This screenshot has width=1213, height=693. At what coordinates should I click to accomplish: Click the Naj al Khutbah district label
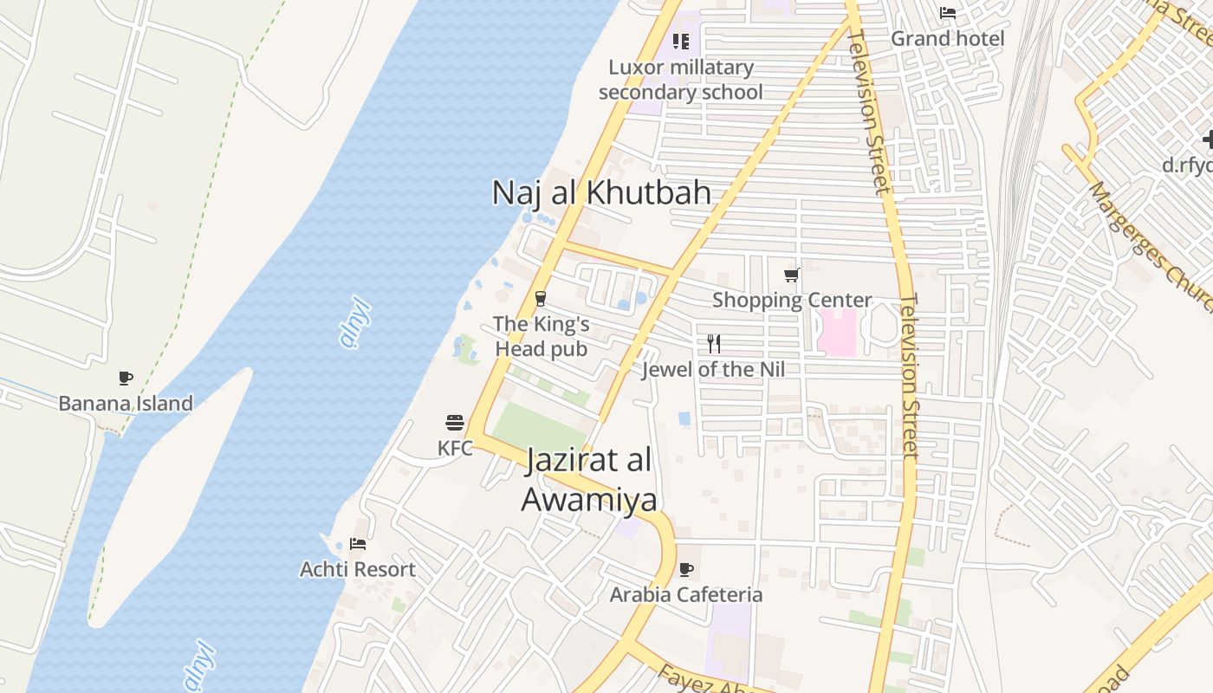[601, 192]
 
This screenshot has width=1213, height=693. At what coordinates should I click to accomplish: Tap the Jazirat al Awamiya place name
[588, 481]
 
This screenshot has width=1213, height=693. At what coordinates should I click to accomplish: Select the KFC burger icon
[455, 423]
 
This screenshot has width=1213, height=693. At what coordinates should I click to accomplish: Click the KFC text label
[455, 448]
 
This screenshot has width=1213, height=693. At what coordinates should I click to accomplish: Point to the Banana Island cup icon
[126, 378]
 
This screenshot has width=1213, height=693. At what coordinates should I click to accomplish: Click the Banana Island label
[126, 403]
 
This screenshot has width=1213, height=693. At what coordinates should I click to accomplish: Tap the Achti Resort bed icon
[358, 544]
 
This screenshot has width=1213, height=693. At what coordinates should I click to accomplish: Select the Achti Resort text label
[358, 569]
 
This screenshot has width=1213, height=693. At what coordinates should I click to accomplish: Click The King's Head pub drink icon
[541, 299]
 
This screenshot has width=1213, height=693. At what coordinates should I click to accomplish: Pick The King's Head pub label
[541, 336]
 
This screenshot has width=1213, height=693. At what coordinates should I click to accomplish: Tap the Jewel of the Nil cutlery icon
[714, 344]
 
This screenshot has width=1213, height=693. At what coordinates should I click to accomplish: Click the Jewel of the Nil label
[713, 370]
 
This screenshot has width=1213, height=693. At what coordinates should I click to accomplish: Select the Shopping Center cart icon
[791, 275]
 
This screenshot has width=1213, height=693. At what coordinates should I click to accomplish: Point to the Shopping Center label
[792, 300]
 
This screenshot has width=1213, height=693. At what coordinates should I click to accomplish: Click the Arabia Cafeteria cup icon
[686, 569]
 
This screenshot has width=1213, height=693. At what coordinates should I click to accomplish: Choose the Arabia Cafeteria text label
[686, 594]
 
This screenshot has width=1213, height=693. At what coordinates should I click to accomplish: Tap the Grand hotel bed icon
[948, 13]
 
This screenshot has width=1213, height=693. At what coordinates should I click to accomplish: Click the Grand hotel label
[948, 38]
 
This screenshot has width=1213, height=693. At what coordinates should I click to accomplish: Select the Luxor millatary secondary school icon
[681, 41]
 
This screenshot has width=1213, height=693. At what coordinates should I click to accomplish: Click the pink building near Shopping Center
[837, 333]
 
